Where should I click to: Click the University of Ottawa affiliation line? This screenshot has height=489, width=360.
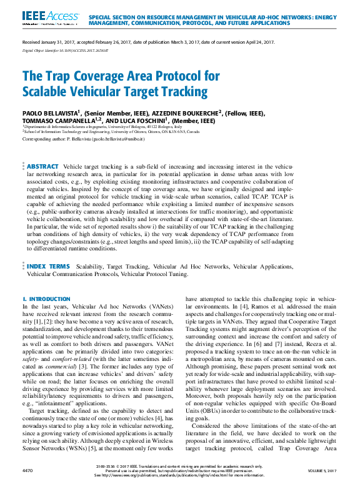point(112,132)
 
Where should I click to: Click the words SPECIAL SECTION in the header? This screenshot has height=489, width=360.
point(115,16)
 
